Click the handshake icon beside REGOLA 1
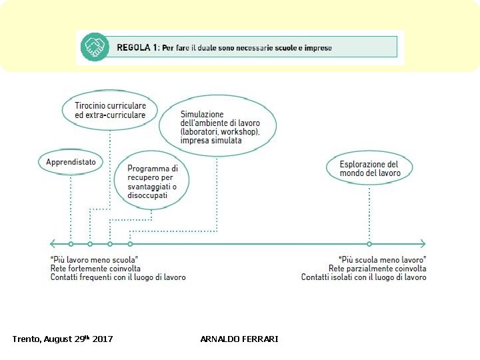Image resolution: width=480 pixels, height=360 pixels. tap(95, 47)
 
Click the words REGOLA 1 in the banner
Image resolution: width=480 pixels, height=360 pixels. tap(137, 47)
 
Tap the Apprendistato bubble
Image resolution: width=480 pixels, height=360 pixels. tap(71, 162)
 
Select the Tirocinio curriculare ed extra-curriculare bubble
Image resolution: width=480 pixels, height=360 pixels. tap(110, 110)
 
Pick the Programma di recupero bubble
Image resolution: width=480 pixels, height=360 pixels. tap(153, 182)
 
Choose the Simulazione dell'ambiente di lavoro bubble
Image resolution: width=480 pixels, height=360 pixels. tap(219, 127)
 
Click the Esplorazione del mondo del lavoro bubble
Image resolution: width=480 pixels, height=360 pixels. tap(369, 169)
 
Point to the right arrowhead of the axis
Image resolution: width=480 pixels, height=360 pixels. tap(422, 244)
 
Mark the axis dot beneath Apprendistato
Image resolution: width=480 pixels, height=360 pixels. tap(71, 244)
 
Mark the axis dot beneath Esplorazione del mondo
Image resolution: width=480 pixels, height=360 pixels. tap(369, 244)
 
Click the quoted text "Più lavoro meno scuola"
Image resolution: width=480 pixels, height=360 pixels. tap(94, 259)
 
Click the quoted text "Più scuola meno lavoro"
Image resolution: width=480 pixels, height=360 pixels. tap(383, 259)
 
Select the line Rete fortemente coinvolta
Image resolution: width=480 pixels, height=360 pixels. tap(95, 268)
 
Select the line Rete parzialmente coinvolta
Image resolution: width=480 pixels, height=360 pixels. tap(377, 268)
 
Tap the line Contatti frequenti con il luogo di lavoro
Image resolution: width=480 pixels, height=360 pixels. tap(118, 277)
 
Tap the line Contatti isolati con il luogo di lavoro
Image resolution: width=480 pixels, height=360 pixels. tap(364, 277)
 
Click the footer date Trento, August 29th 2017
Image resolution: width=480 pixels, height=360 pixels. tap(63, 339)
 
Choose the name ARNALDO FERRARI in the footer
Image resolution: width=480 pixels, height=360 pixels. tap(239, 339)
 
